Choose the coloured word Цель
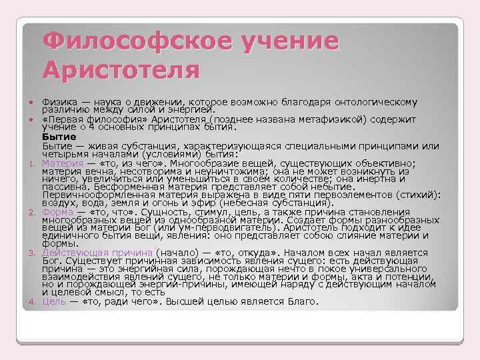point(53,301)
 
